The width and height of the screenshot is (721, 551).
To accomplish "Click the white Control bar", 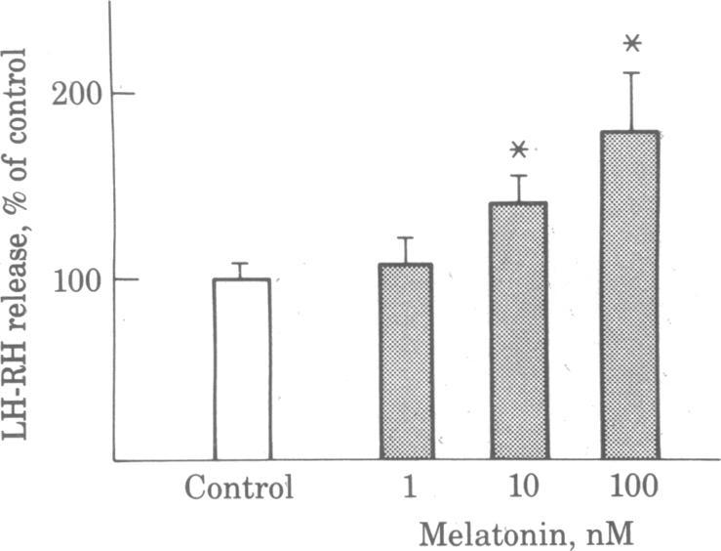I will click(x=242, y=369).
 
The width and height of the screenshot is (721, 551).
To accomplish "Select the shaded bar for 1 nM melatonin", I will click(x=405, y=361).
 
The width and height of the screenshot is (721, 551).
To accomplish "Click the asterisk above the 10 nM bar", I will click(x=518, y=149).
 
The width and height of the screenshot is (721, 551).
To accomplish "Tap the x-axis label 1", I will click(x=404, y=487).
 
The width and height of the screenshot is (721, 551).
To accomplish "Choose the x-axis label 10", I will click(x=518, y=487).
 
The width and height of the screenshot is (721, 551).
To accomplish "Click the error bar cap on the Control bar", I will click(x=242, y=263).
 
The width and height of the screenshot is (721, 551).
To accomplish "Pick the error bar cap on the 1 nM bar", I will click(x=405, y=237).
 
